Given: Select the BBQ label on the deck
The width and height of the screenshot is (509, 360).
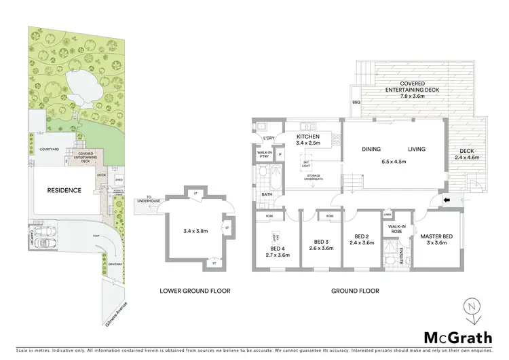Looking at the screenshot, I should tap(356, 103).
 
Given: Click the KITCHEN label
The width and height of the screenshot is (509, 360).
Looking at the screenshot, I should tap(308, 136).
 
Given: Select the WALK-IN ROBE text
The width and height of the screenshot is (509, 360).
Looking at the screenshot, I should tap(396, 229).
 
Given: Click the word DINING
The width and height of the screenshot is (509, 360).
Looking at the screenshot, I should tap(371, 149).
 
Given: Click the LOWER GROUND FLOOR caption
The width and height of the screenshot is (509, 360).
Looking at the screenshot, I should tap(195, 291).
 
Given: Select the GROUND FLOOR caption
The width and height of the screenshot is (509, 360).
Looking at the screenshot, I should tap(355, 291).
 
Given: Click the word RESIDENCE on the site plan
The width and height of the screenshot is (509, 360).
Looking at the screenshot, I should tap(64, 191).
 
